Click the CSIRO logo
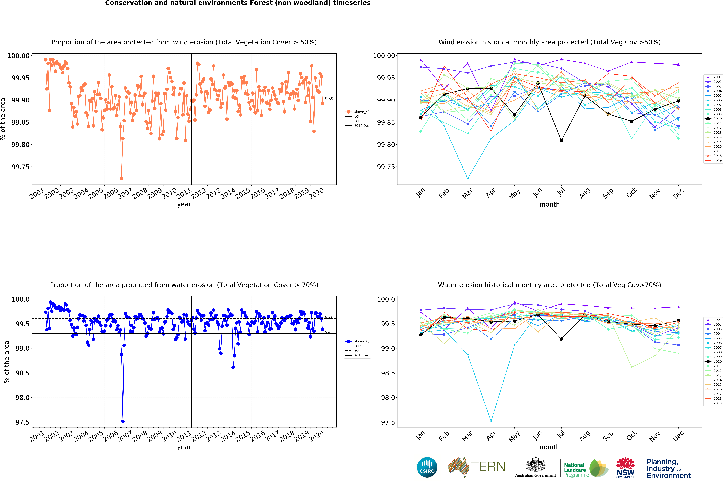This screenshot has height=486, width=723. tap(427, 467)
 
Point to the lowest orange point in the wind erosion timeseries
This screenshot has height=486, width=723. tap(121, 179)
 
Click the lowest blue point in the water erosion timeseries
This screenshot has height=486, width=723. tap(123, 421)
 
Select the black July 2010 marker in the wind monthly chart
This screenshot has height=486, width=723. tap(561, 140)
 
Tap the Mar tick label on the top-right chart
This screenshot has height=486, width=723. tap(467, 193)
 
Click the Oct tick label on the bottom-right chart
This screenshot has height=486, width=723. tap(631, 435)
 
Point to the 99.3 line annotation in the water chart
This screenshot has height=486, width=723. tap(329, 332)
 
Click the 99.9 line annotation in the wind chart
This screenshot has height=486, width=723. tap(329, 99)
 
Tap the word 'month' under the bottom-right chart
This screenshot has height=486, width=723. tap(549, 447)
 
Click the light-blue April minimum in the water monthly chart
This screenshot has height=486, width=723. tap(491, 421)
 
